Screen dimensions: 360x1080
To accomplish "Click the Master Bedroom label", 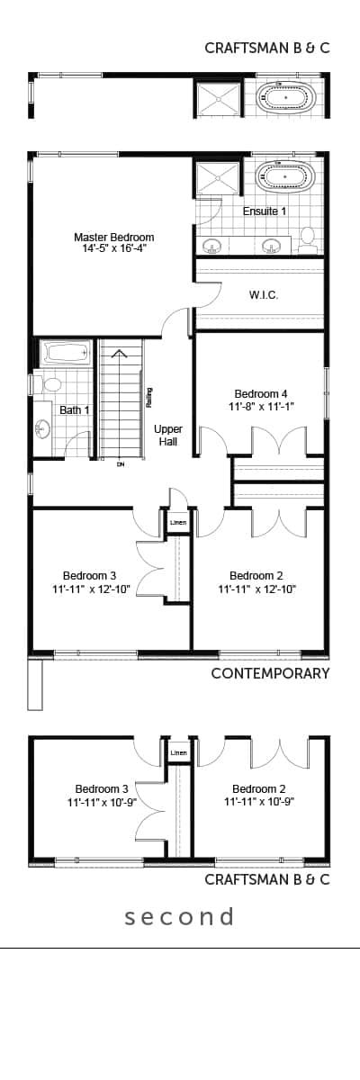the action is pos(114,238).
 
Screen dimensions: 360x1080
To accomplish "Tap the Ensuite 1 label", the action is pos(265,211).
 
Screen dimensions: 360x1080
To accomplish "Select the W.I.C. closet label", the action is pos(264,295).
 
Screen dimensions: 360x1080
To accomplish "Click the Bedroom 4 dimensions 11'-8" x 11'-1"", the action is pos(261,407).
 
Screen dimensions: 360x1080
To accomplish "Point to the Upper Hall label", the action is pos(168,435).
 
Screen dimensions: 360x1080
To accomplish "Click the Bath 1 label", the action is pos(74,409).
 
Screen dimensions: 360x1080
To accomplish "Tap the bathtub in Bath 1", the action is pos(66,353).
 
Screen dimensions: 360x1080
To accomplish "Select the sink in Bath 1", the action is pos(43,428).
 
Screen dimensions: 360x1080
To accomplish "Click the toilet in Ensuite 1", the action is pos(307,238).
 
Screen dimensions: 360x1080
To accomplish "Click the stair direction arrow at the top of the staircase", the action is pos(119,355).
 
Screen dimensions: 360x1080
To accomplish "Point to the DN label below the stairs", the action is pos(121,464).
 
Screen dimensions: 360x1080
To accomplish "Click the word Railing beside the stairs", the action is pos(149,398).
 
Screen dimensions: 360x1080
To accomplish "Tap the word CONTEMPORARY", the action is pos(270,673).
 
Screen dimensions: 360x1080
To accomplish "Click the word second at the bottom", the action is pos(180,916).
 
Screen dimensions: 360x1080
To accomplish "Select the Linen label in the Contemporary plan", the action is pos(178,522).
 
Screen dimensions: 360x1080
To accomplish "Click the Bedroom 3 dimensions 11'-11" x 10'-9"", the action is pos(103,802).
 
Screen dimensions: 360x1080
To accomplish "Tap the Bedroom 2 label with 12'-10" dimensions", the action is pos(256,576).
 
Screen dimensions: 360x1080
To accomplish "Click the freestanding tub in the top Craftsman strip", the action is pos(286,98).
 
